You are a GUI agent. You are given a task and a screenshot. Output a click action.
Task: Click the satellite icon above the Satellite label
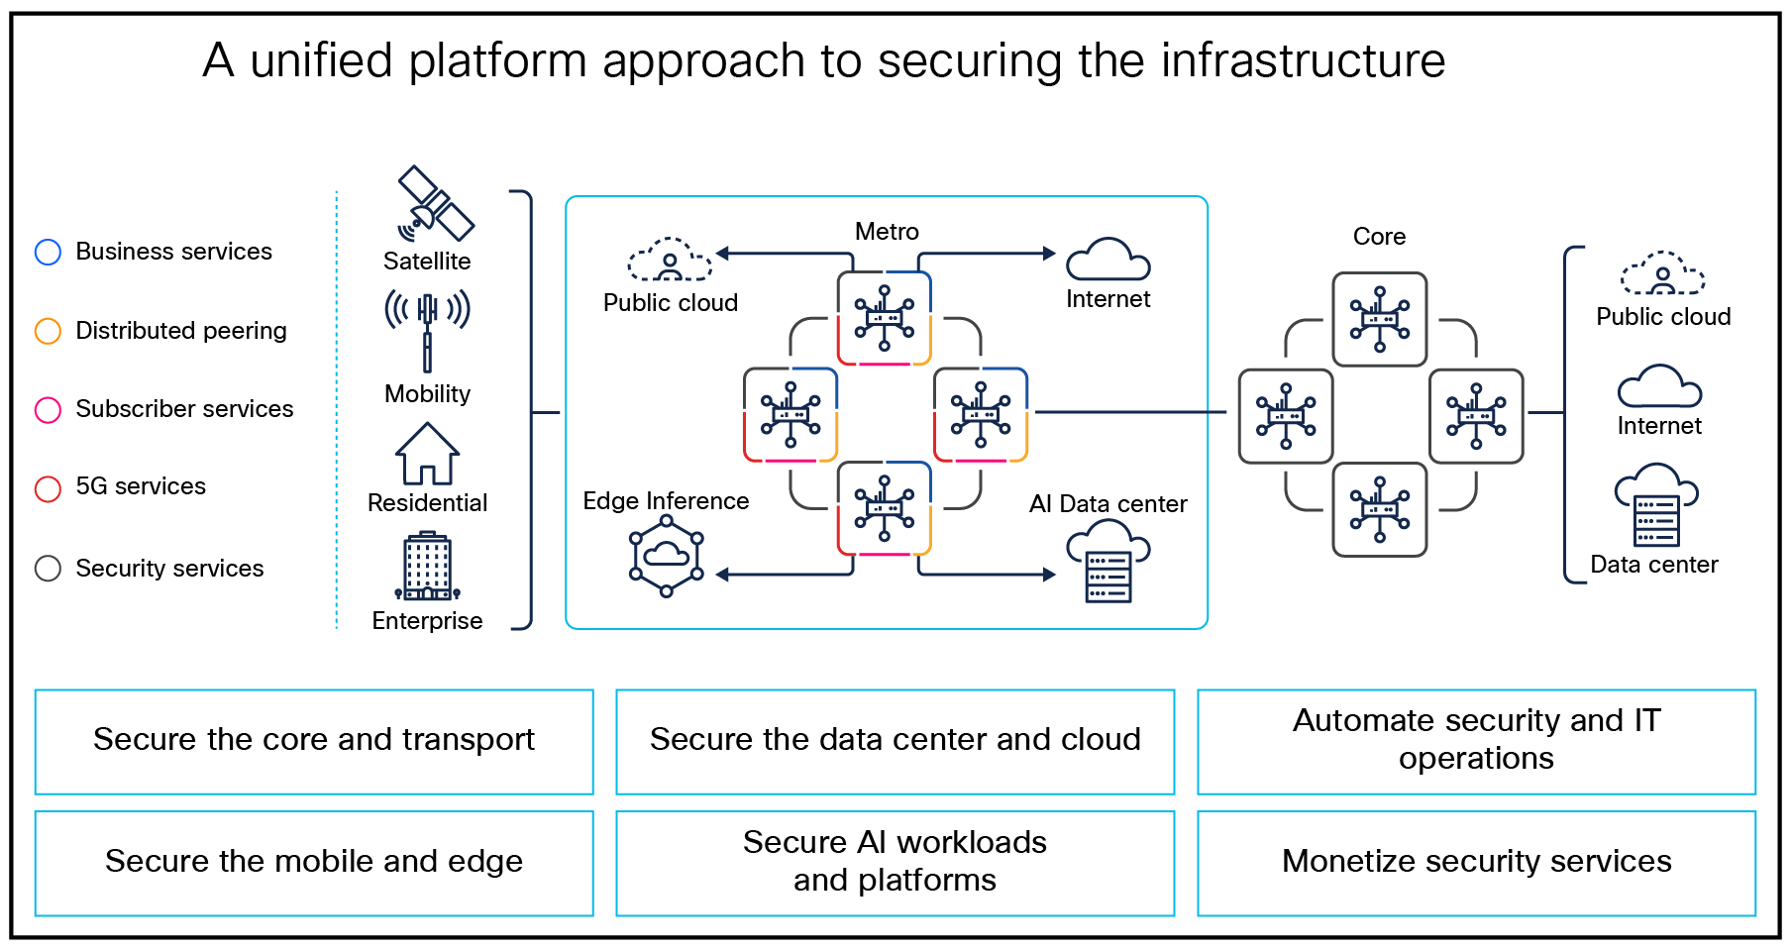tap(434, 204)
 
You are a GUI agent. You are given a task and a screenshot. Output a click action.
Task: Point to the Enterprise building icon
tap(427, 568)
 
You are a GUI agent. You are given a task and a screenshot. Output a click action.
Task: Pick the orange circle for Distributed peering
tap(48, 331)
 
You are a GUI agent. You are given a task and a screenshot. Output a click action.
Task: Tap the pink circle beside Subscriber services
tap(48, 409)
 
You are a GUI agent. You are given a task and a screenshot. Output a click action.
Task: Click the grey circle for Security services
tap(48, 569)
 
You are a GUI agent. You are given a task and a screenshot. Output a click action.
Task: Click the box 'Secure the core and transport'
tap(313, 741)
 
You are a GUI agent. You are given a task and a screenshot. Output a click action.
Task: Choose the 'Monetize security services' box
tap(1476, 863)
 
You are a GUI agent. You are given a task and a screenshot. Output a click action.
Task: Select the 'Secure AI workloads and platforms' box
tap(895, 863)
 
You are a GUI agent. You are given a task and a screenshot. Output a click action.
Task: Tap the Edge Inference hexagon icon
tap(667, 561)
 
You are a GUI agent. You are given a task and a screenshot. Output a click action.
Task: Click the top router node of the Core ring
tap(1379, 319)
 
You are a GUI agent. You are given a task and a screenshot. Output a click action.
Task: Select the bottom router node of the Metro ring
tap(884, 508)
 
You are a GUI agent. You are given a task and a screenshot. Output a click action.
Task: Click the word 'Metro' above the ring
tap(887, 232)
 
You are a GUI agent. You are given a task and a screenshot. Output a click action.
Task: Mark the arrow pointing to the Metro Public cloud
tap(723, 254)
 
